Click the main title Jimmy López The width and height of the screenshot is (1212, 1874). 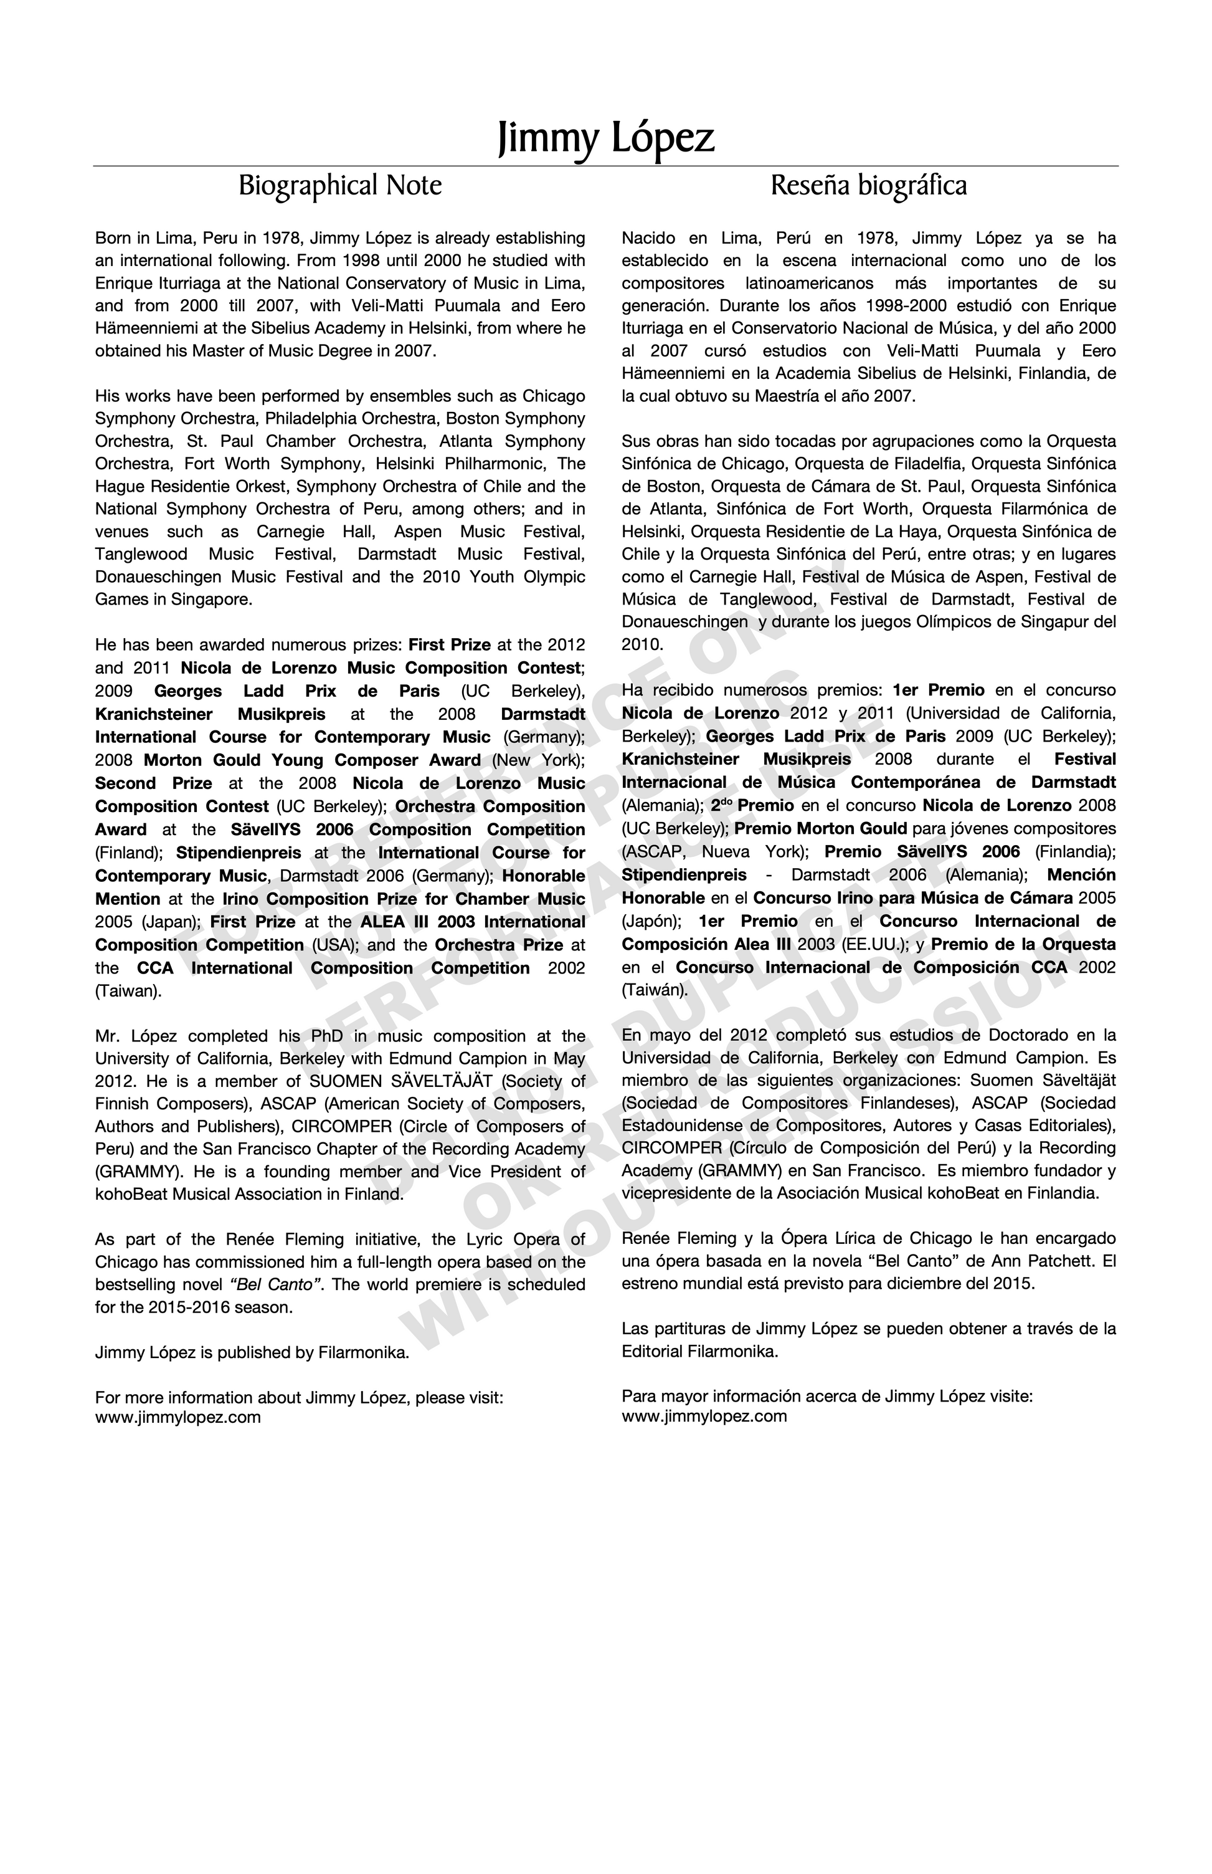pos(606,138)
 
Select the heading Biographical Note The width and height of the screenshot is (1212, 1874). pos(340,186)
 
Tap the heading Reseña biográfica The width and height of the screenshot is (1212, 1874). pos(868,186)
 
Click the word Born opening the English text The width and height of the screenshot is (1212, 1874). pos(113,238)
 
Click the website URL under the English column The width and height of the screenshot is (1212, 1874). pos(178,1417)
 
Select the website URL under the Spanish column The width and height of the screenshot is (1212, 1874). pos(704,1416)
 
